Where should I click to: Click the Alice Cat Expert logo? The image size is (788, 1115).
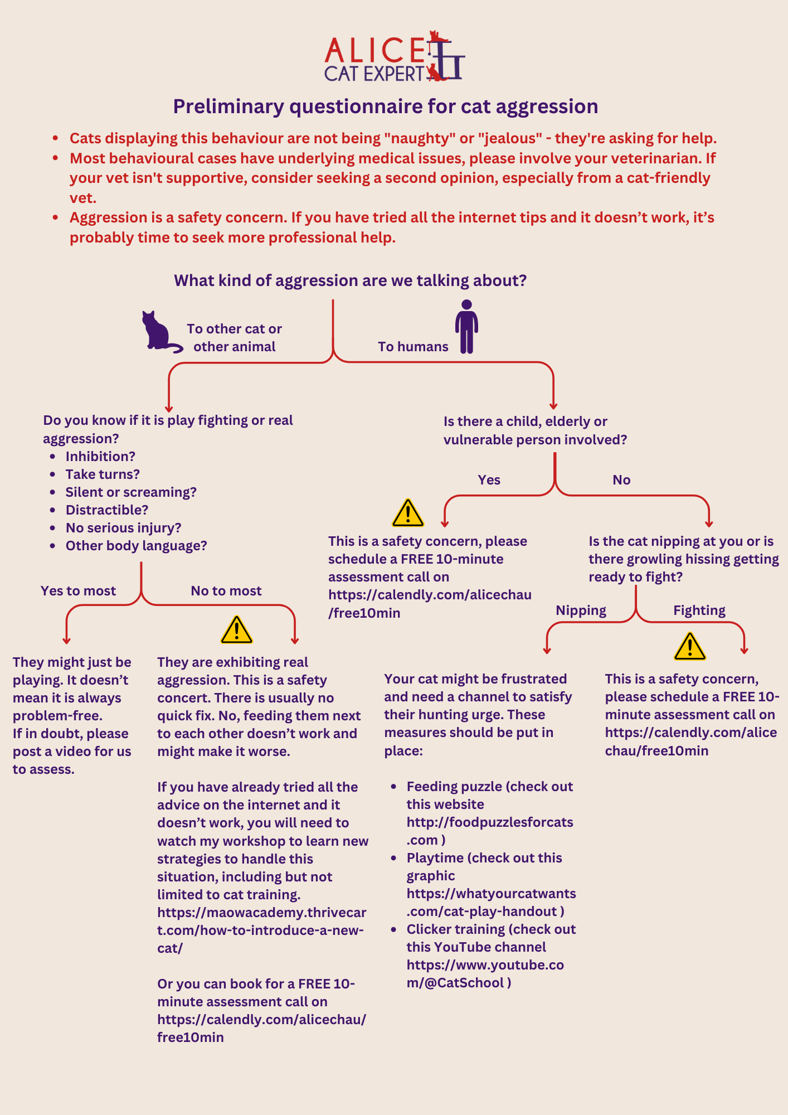(395, 56)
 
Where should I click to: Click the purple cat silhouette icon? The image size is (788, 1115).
(161, 332)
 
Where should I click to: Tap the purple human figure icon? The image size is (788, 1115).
(466, 327)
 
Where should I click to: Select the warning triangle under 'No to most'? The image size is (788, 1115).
(237, 630)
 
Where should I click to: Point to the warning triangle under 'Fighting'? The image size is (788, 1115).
(690, 647)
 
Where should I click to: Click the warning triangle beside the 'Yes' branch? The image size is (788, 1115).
(408, 513)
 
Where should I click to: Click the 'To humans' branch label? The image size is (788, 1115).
(413, 347)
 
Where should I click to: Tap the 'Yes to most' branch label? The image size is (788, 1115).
(78, 591)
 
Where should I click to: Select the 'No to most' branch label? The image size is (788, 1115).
(226, 591)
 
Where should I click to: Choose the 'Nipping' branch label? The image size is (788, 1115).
(581, 610)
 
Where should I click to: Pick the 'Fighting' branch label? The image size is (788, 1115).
(699, 610)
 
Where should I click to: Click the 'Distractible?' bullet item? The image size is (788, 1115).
(107, 510)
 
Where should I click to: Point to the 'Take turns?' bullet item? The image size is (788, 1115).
(103, 474)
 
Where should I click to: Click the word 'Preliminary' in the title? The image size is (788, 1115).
(228, 106)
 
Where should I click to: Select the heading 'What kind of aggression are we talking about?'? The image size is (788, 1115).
(351, 280)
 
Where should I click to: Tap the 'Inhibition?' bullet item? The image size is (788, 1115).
(100, 457)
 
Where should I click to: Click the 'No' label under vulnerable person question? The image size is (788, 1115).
(621, 480)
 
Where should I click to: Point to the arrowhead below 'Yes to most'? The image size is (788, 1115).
(67, 641)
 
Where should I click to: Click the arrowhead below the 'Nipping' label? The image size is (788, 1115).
(547, 650)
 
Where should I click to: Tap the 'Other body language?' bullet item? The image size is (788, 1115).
(137, 546)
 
